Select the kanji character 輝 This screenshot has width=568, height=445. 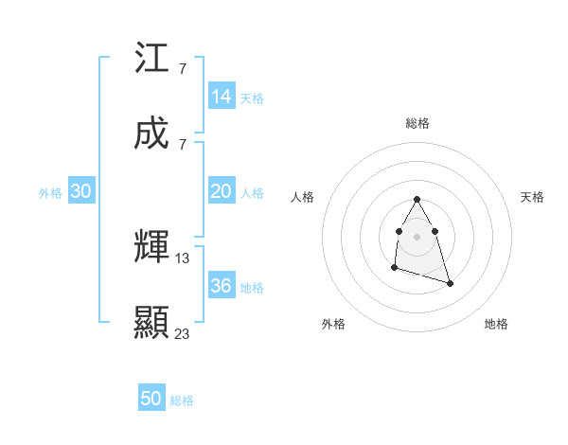coord(152,247)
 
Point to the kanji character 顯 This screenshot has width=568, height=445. coord(152,323)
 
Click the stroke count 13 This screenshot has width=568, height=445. coord(183,258)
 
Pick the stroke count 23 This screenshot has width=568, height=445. coord(183,333)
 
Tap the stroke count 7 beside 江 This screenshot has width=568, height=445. coord(182,69)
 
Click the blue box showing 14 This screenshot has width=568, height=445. coord(222,97)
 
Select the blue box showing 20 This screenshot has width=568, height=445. coord(222,191)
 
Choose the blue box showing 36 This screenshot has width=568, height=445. coord(222,286)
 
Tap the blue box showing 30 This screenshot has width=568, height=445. coord(81,191)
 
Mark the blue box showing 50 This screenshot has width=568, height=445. coord(151,399)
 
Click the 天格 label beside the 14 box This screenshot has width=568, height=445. coord(252,98)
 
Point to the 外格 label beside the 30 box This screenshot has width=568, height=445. coord(50,193)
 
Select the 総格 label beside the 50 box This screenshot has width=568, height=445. coord(182,400)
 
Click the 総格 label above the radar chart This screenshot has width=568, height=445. coord(417,123)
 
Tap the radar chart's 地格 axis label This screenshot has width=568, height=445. coord(496,324)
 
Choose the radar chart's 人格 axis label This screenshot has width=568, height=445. coord(303,197)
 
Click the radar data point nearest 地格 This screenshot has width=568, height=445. coord(450,284)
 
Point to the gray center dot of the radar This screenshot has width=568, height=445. coord(417,235)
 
